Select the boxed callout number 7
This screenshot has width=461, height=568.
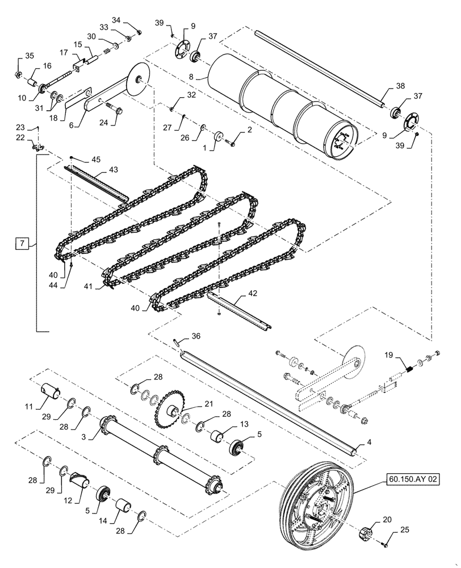pyautogui.click(x=21, y=245)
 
